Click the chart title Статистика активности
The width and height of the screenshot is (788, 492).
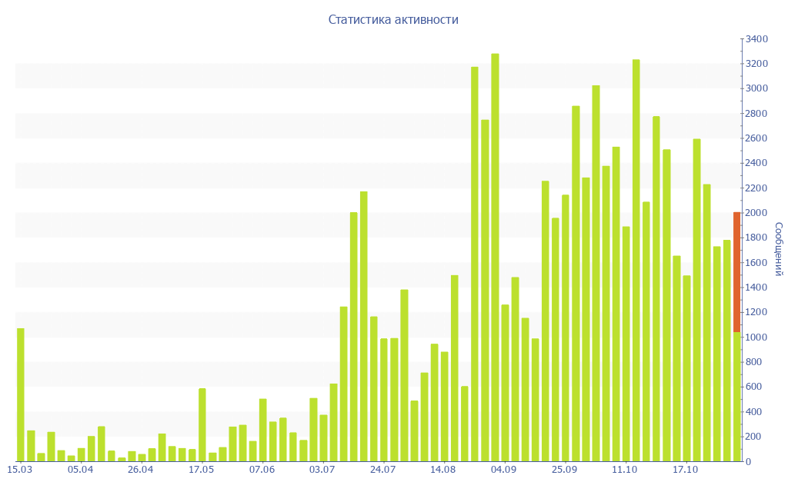[393, 20]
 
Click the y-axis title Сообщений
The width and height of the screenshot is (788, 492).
[778, 249]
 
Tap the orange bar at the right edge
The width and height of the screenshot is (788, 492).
[736, 272]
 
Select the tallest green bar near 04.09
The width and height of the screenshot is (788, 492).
[495, 258]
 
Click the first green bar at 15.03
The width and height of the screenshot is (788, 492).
[21, 394]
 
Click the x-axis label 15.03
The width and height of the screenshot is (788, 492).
[19, 470]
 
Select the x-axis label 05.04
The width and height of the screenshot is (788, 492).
[80, 470]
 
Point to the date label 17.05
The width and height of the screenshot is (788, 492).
[202, 470]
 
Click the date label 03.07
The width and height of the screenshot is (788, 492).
[322, 470]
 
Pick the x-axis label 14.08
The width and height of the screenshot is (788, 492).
[443, 470]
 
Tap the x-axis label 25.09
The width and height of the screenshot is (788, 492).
[565, 470]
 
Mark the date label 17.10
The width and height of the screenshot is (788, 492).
[686, 470]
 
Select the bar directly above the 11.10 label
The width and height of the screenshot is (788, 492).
[626, 344]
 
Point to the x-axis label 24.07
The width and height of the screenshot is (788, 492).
[383, 470]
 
